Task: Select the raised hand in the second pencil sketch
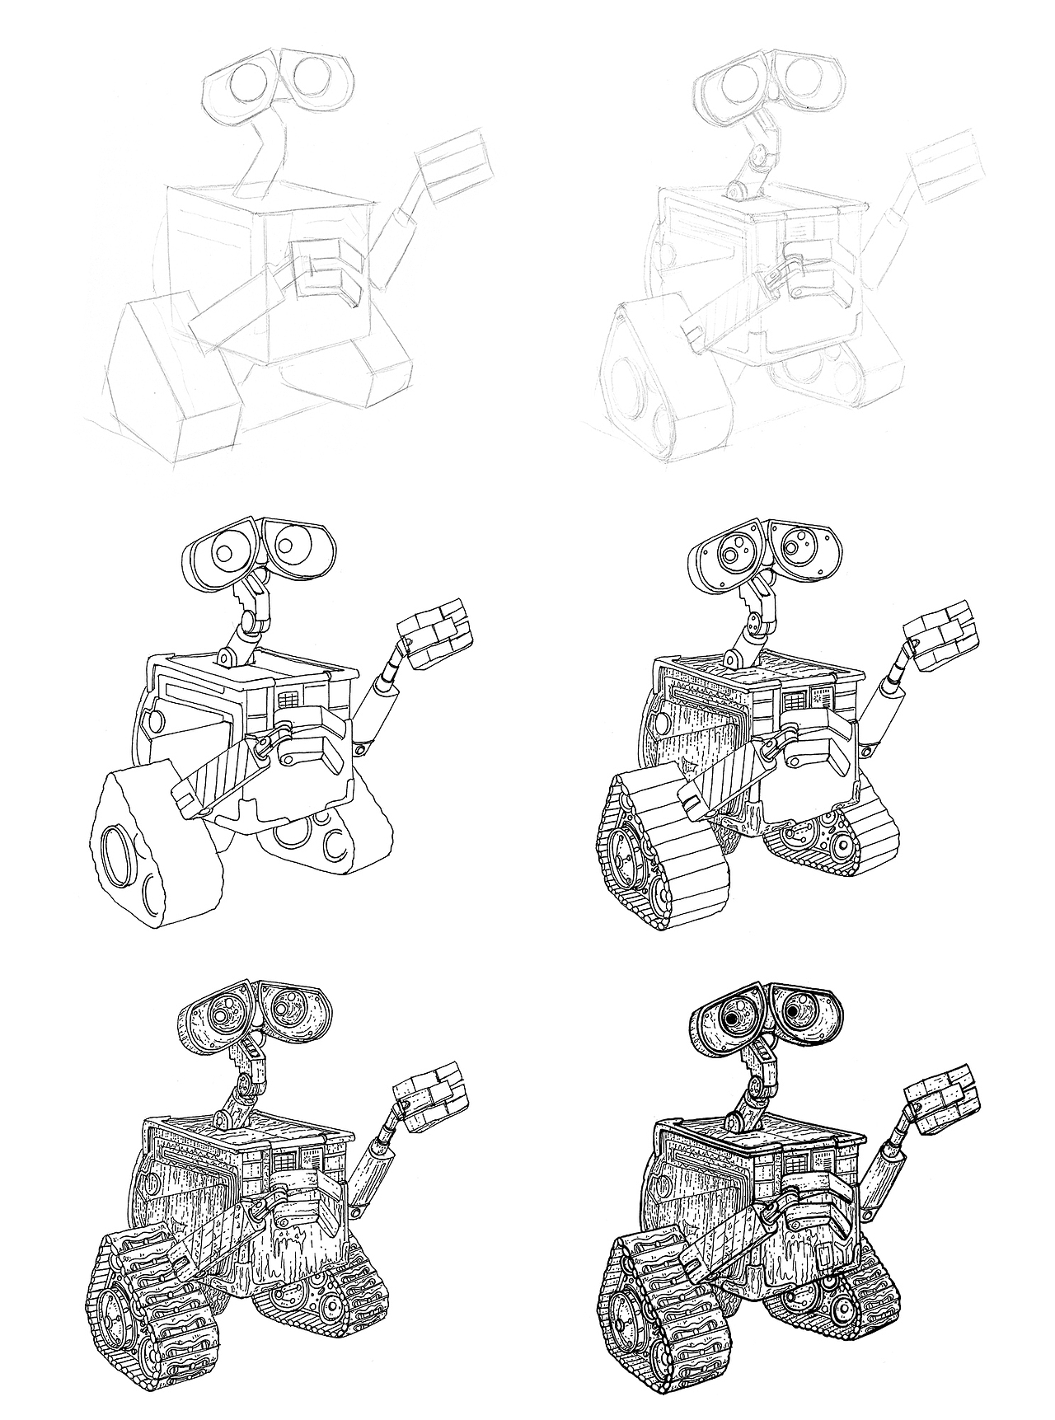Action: (945, 170)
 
